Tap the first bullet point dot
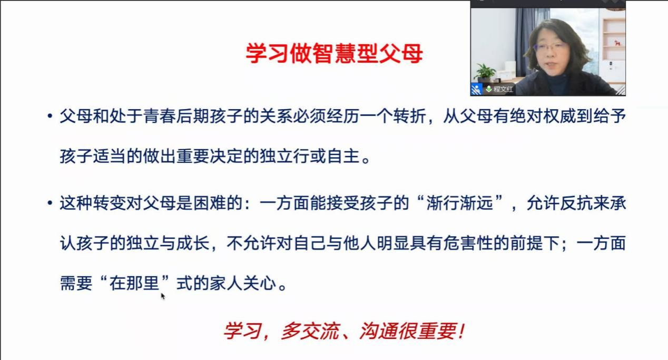(x=50, y=116)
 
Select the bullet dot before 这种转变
(x=50, y=203)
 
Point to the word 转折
(x=409, y=116)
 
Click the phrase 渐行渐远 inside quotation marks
(x=459, y=203)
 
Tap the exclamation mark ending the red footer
(x=462, y=331)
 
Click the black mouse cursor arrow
(x=163, y=296)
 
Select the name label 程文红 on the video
(x=503, y=89)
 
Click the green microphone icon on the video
(x=488, y=89)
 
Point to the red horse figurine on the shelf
(x=617, y=43)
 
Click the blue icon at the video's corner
(x=476, y=89)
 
